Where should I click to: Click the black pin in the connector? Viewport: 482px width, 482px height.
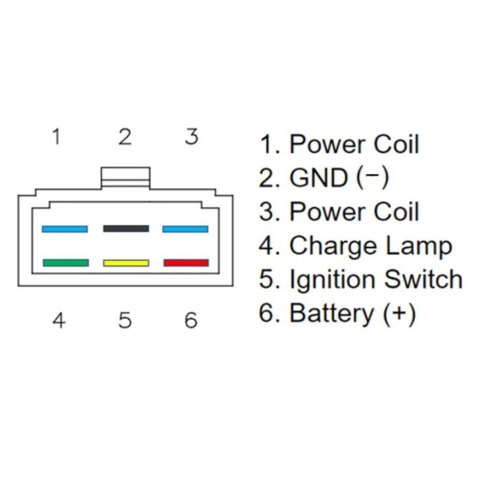125,229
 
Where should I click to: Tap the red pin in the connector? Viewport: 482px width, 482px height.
186,262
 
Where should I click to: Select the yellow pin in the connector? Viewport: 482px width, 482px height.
125,262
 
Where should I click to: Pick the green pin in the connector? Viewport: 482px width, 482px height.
65,262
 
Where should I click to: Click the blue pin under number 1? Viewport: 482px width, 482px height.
65,229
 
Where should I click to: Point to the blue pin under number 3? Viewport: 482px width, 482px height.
185,229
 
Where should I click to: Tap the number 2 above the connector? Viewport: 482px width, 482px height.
125,136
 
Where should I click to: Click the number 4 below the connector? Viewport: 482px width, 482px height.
59,320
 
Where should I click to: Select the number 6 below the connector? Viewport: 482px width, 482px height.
191,320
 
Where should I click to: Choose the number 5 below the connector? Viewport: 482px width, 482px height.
125,320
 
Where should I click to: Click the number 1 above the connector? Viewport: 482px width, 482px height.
56,136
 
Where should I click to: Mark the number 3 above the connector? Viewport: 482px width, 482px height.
191,136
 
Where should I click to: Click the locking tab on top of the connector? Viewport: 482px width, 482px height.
125,177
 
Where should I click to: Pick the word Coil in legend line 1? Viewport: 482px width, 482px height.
396,145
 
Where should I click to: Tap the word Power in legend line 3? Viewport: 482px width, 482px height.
327,212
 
